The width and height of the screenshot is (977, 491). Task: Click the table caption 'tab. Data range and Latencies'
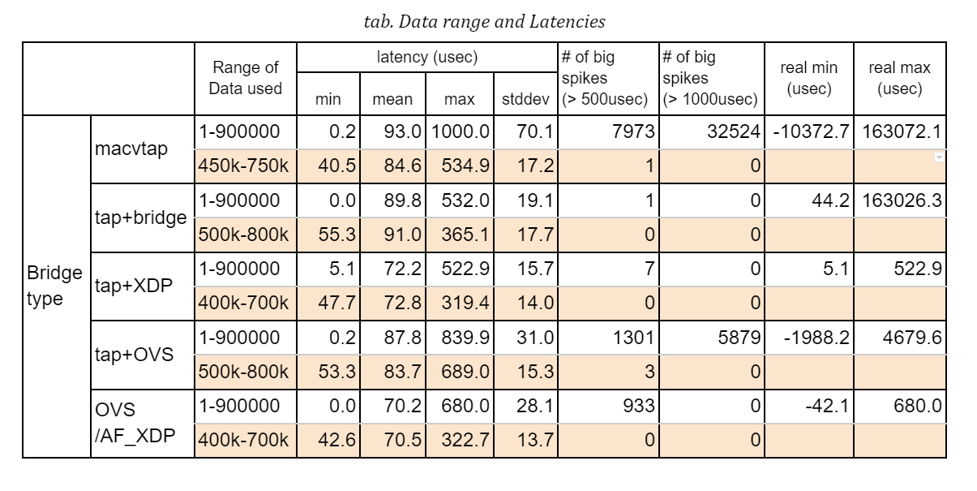coord(485,22)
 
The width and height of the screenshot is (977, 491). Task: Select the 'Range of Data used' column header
coord(245,79)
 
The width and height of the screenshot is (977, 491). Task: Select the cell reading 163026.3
coord(902,200)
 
